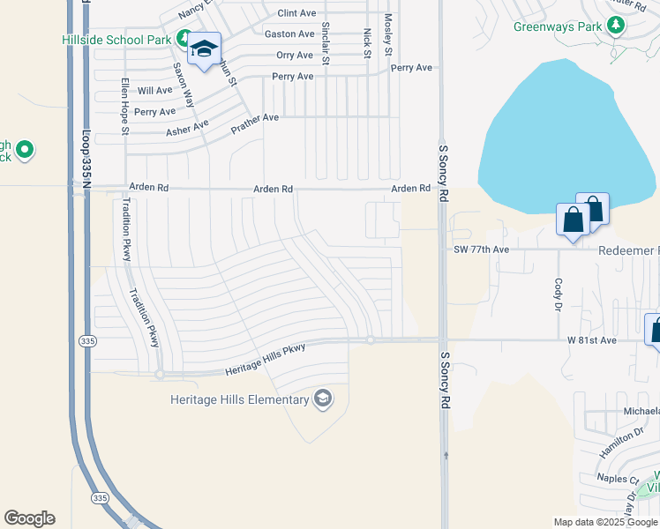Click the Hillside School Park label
(117, 40)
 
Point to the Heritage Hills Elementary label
(239, 400)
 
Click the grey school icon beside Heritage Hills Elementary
(323, 399)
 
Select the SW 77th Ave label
(481, 250)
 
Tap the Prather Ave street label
(254, 123)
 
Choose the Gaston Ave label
(289, 34)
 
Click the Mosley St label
(387, 35)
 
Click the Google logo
(29, 518)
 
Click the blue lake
(556, 141)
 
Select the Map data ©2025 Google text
(605, 522)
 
